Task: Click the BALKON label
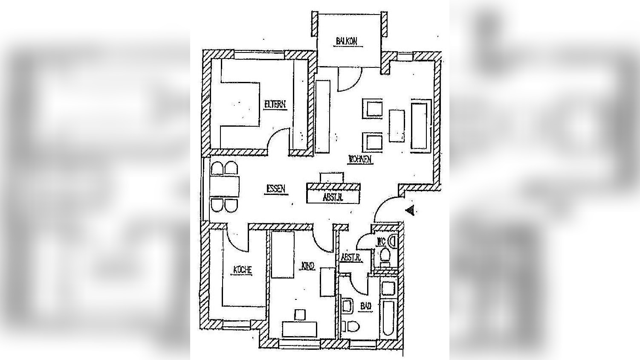click(346, 41)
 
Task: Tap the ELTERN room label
click(275, 105)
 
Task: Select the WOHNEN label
click(360, 160)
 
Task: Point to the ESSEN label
click(276, 189)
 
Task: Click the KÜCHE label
click(242, 270)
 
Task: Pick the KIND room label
click(308, 267)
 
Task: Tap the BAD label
click(366, 306)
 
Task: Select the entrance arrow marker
click(410, 210)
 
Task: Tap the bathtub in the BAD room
click(389, 318)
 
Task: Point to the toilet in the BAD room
click(352, 327)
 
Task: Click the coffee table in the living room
click(397, 126)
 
